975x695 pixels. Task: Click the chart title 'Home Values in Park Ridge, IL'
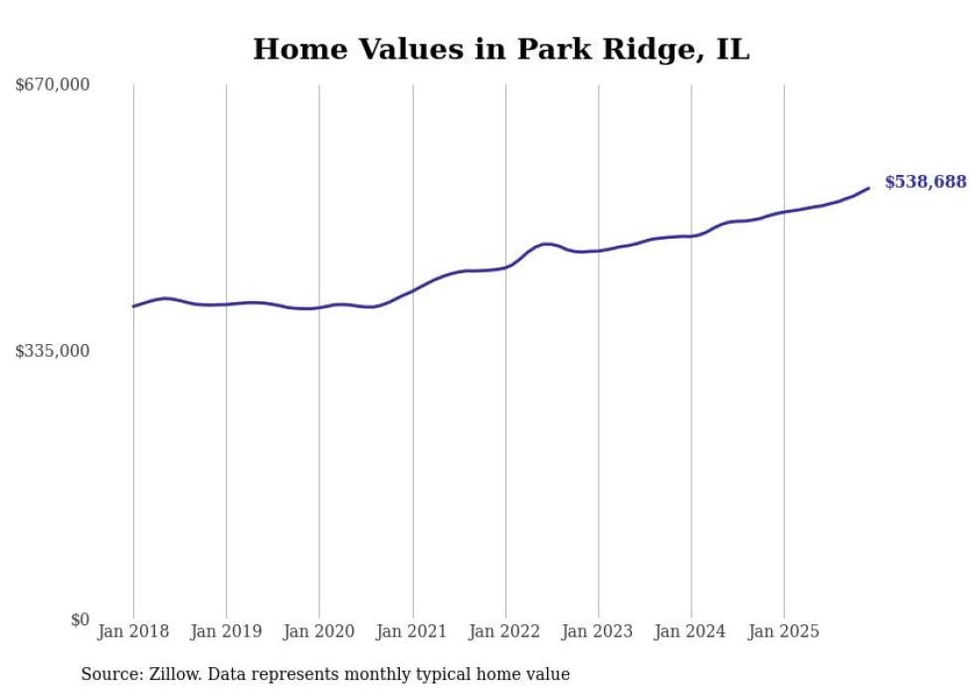click(x=500, y=49)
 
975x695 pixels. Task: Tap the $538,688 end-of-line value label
click(x=925, y=182)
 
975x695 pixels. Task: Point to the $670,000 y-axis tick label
click(x=53, y=86)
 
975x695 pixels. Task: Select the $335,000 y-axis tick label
click(x=53, y=351)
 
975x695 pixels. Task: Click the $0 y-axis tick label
click(x=80, y=619)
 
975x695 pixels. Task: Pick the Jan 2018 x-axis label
click(x=133, y=631)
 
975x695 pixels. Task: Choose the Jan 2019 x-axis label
click(x=226, y=631)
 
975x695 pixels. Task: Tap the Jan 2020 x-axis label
click(x=319, y=631)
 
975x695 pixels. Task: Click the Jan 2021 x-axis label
click(x=412, y=631)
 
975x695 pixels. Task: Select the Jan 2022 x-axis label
click(x=505, y=631)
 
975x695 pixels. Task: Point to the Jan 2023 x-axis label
click(x=598, y=631)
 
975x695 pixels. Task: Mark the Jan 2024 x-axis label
click(x=691, y=631)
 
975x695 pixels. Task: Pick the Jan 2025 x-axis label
click(x=784, y=631)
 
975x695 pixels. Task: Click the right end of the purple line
click(x=869, y=188)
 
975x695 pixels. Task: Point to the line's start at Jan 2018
click(x=133, y=306)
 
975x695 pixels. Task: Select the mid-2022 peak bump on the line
click(x=545, y=244)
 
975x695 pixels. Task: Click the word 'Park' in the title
click(x=553, y=49)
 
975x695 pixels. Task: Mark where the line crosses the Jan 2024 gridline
click(x=691, y=236)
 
